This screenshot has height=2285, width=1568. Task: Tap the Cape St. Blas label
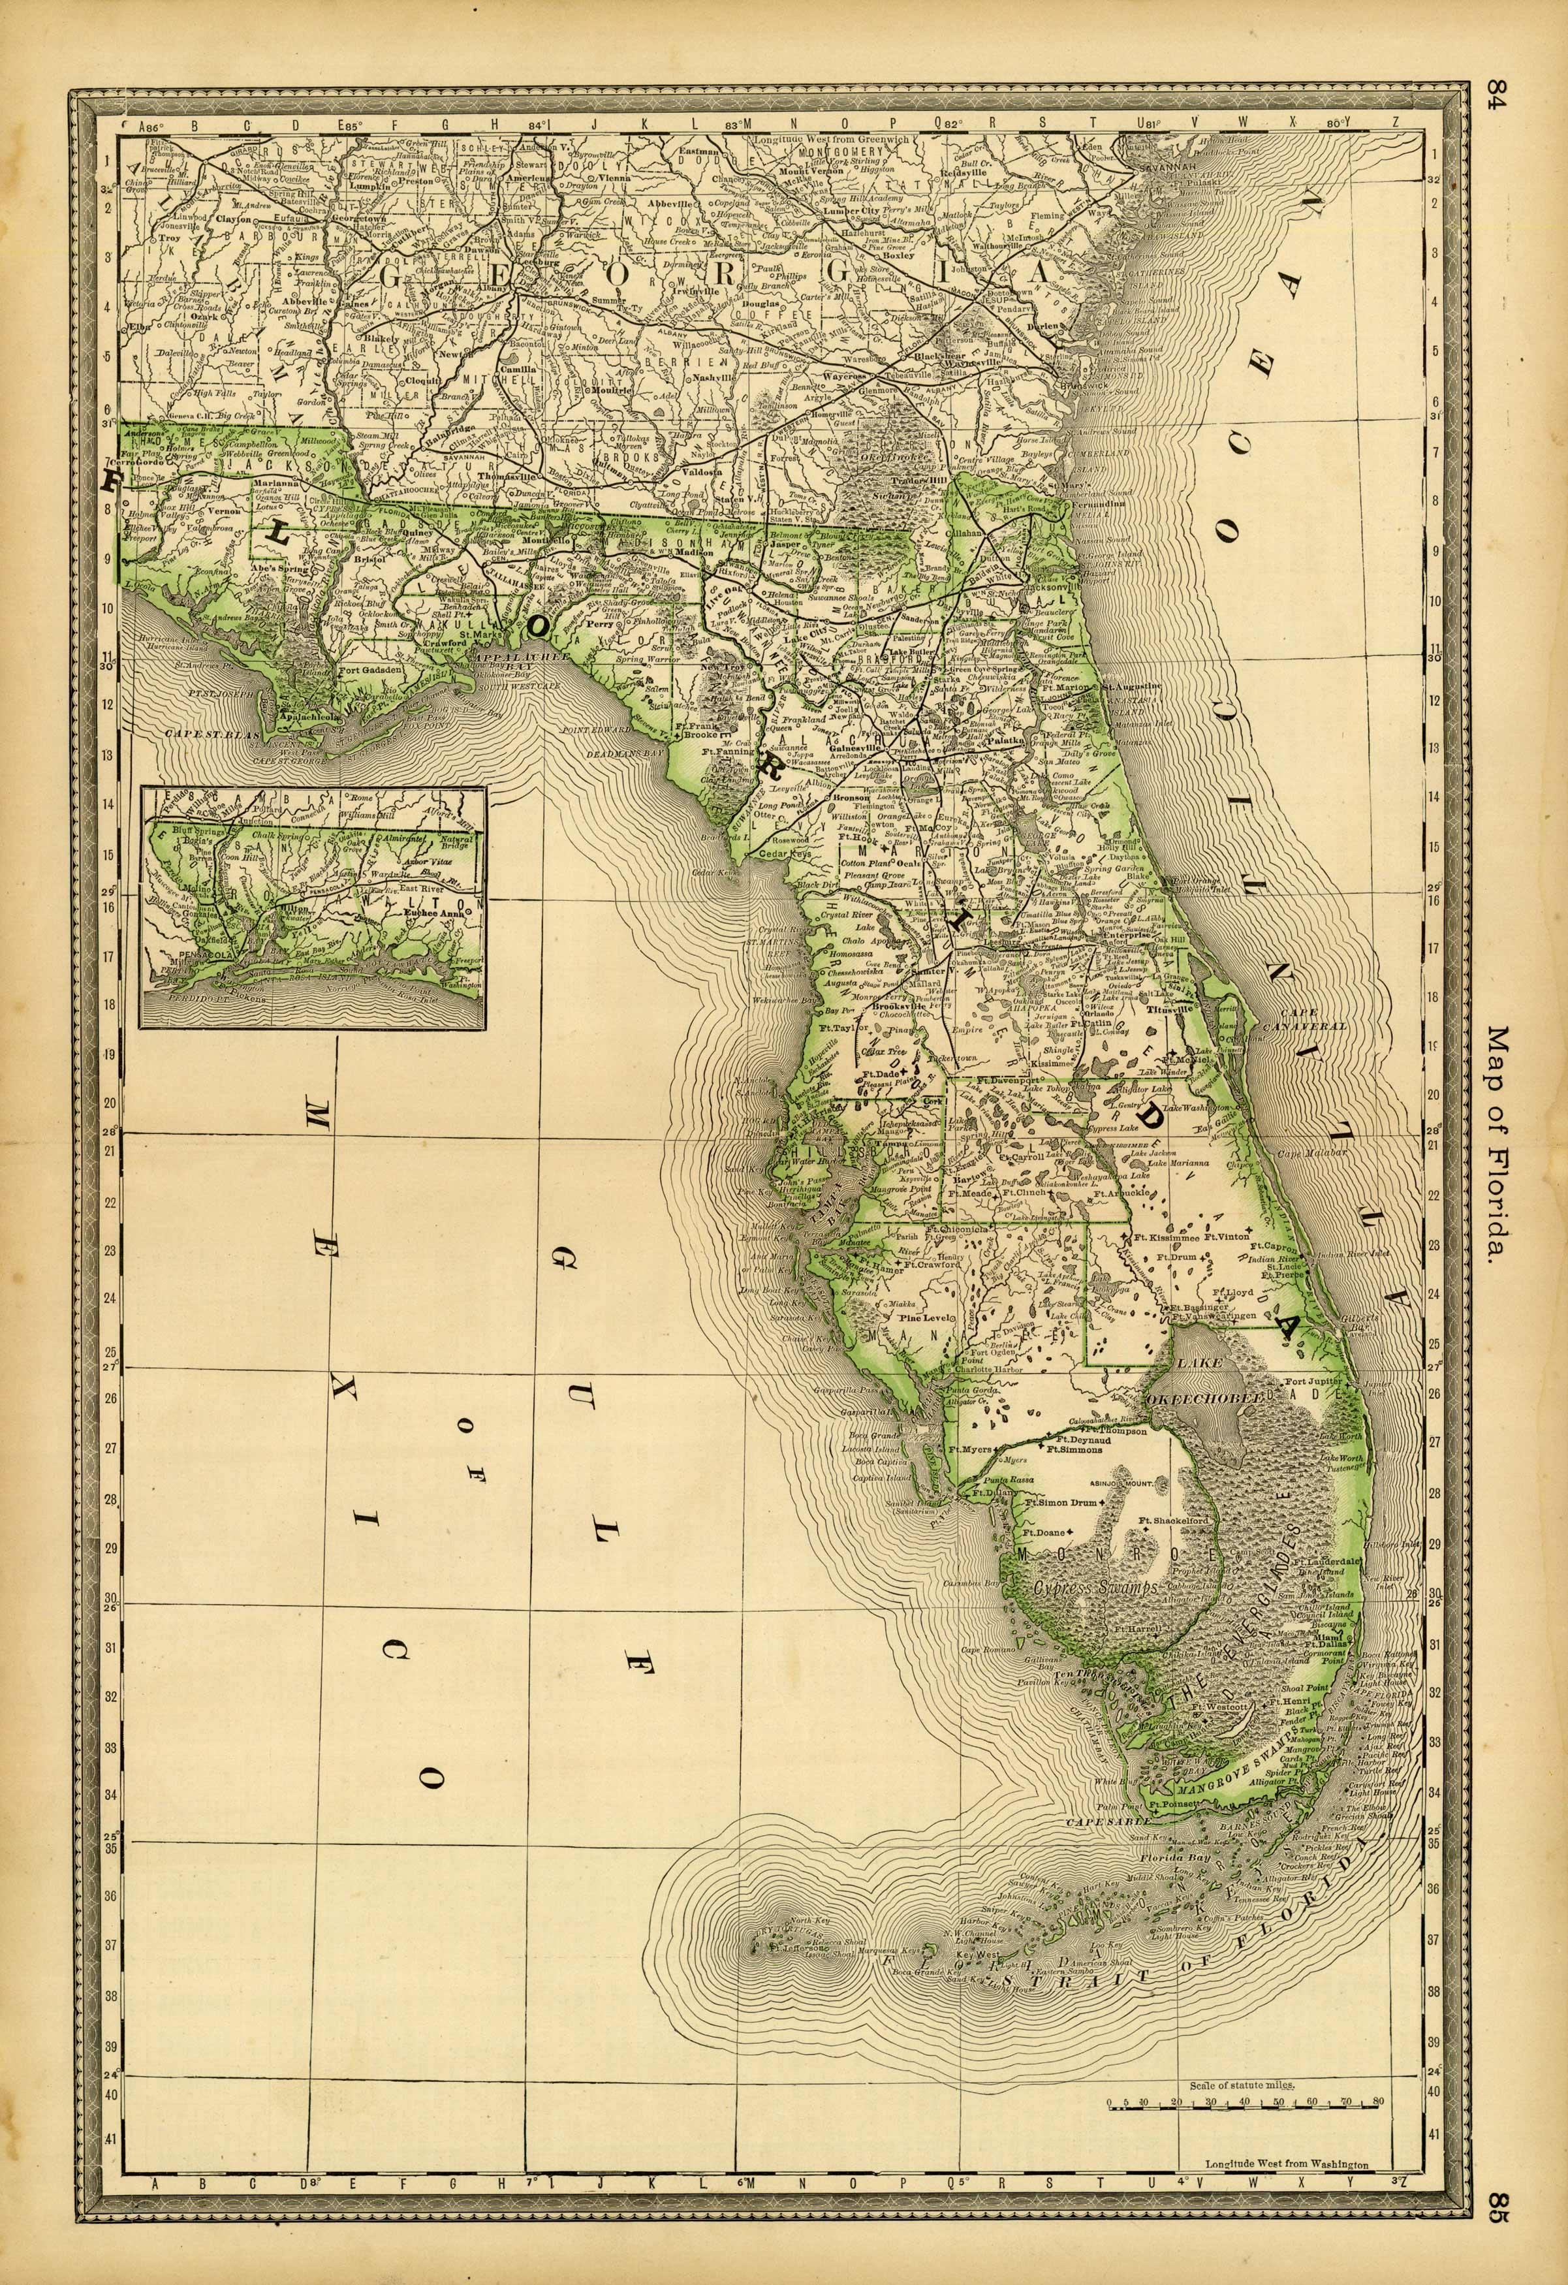(x=202, y=733)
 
